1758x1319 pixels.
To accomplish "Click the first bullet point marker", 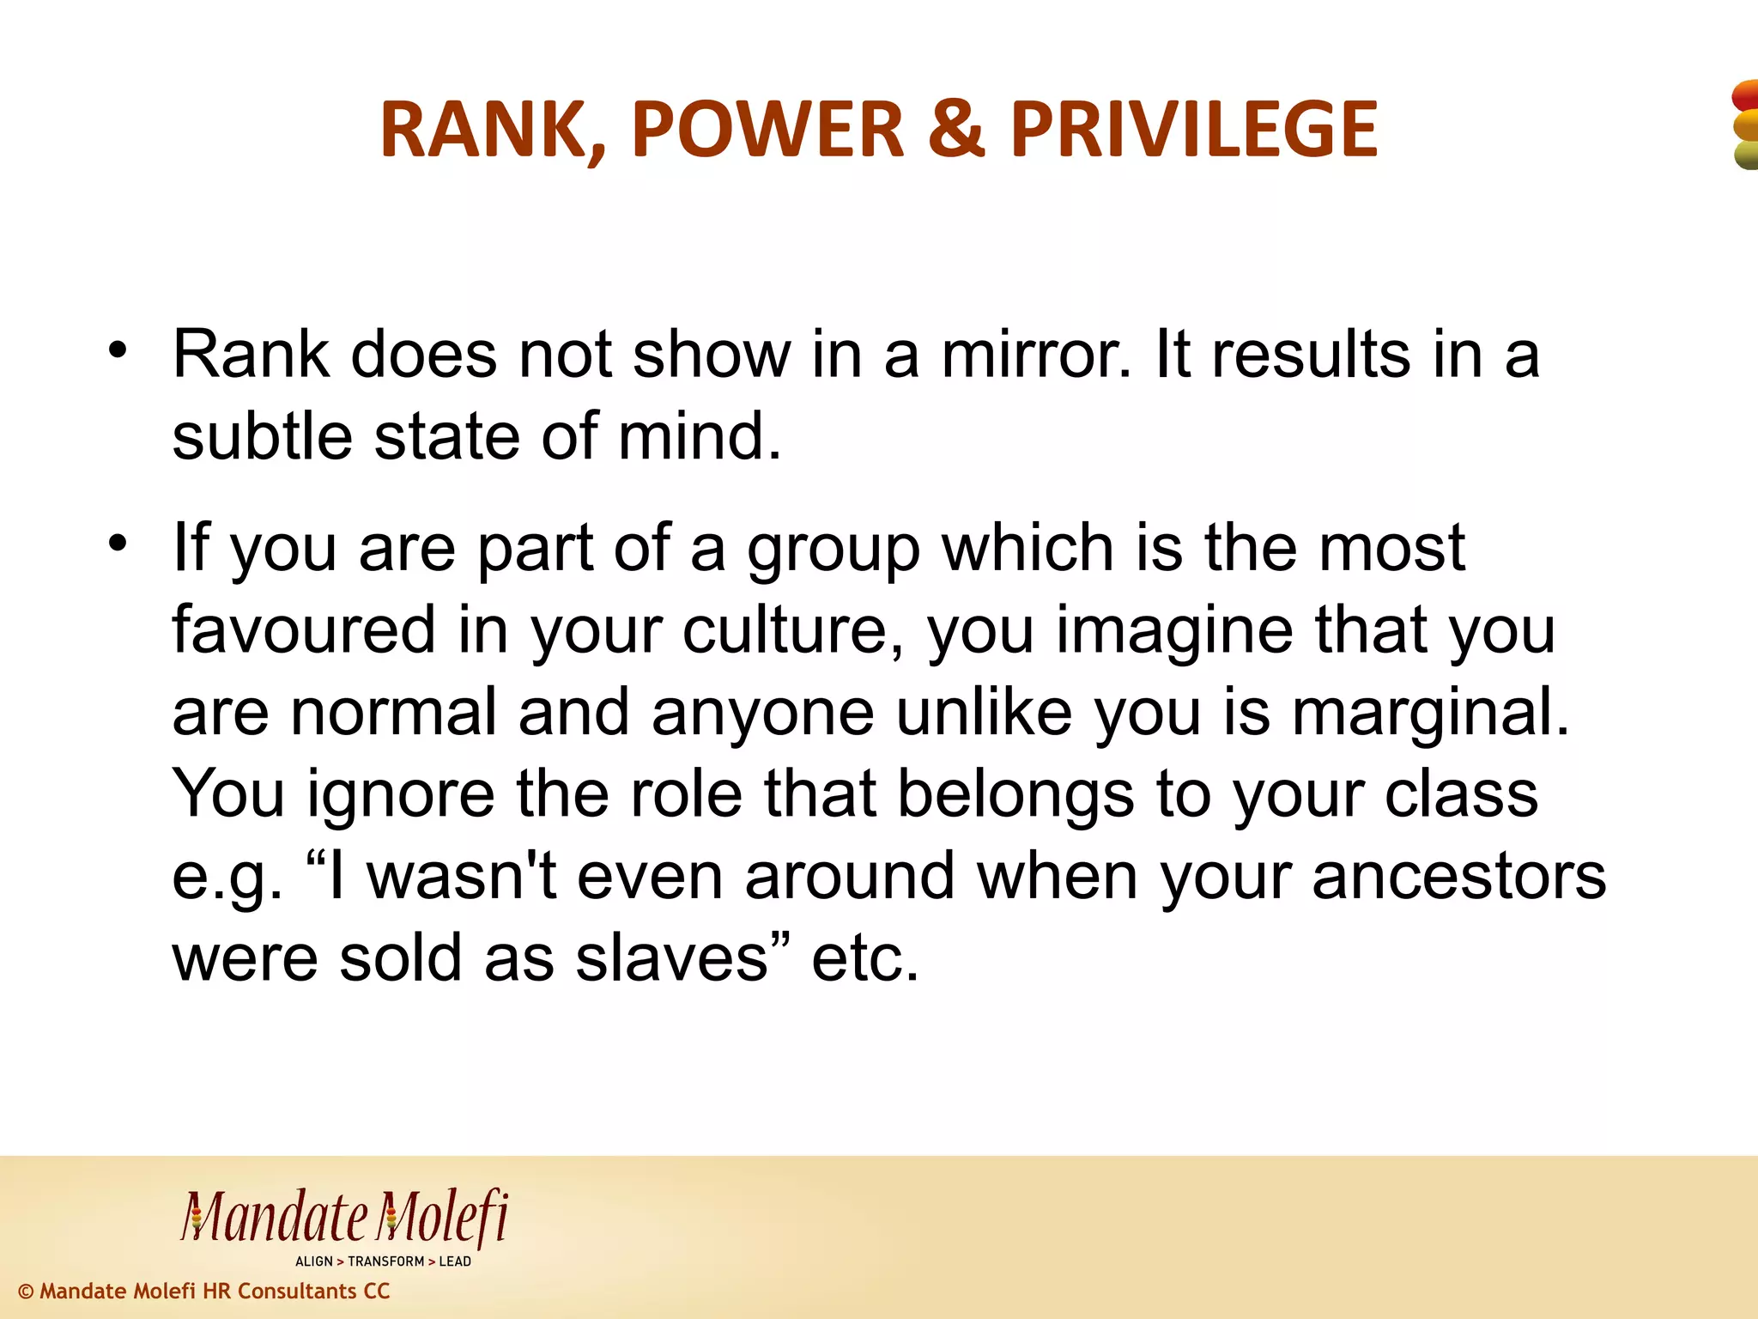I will point(118,350).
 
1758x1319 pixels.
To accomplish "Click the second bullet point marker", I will point(118,543).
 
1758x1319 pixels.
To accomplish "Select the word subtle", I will point(262,436).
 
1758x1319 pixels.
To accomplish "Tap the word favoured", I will point(304,629).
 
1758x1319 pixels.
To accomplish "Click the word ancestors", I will point(1458,877).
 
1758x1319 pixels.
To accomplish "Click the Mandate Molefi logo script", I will point(344,1218).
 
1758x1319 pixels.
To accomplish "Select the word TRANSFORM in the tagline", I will point(385,1261).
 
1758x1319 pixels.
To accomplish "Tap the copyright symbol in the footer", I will point(26,1292).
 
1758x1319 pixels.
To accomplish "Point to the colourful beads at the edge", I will point(1745,125).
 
